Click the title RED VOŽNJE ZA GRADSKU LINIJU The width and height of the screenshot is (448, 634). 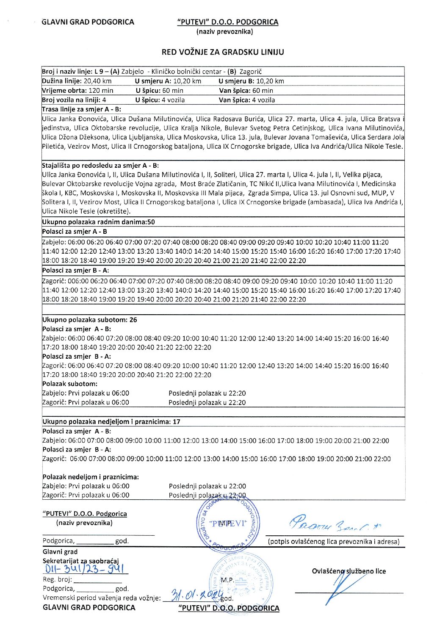[x=223, y=52]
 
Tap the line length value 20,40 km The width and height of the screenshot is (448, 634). [x=98, y=81]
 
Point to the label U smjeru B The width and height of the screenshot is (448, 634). [x=235, y=81]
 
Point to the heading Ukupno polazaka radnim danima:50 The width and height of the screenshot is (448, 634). [x=98, y=222]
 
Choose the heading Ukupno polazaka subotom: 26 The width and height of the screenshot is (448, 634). [x=90, y=320]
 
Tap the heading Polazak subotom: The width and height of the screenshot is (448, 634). [x=70, y=384]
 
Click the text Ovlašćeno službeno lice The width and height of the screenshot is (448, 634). [x=349, y=571]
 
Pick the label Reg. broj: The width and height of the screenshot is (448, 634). [x=57, y=580]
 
